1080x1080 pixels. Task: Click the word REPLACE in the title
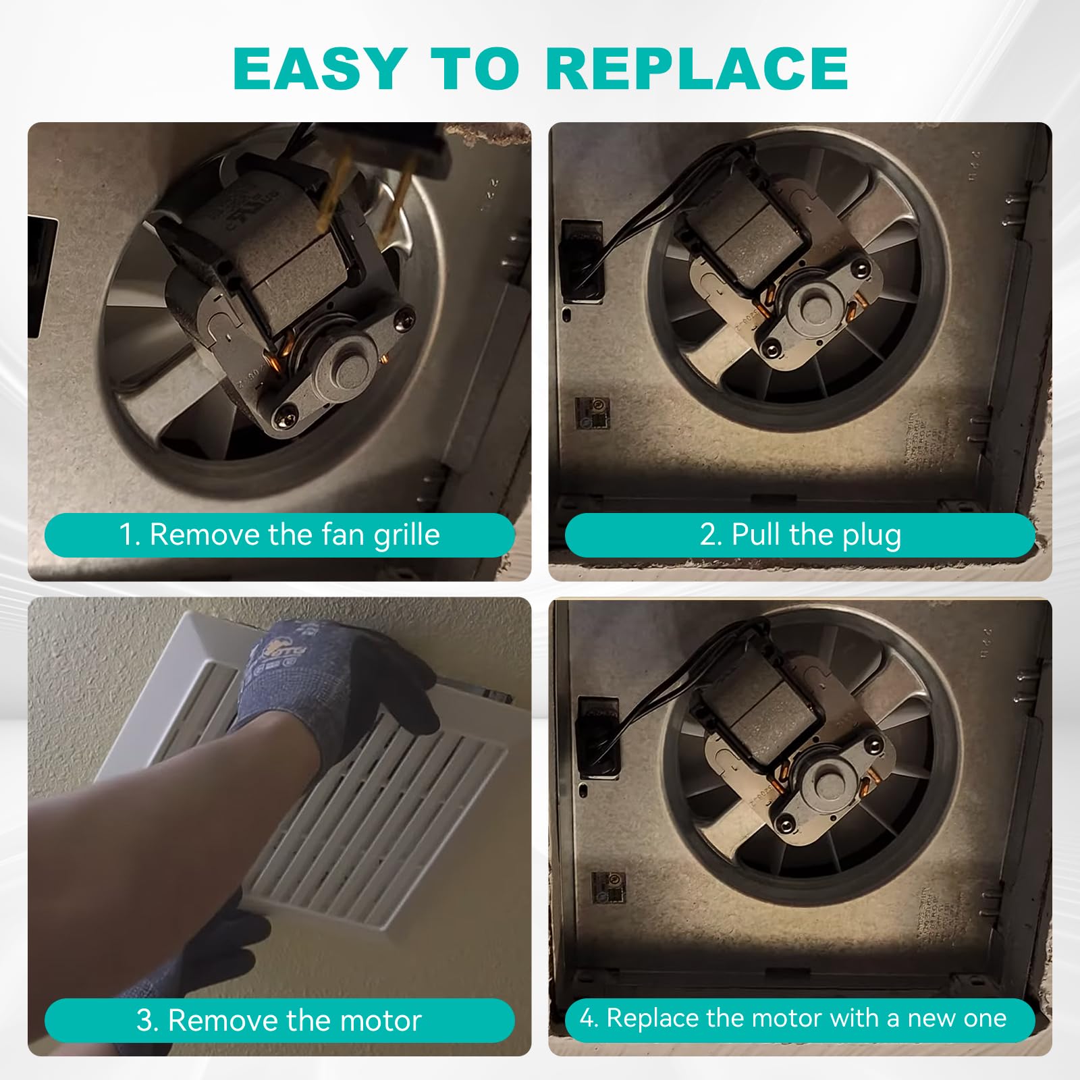pos(697,68)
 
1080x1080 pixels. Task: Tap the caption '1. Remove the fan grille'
pos(279,535)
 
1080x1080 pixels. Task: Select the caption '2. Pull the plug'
pos(800,535)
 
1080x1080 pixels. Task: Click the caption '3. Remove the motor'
pos(279,1020)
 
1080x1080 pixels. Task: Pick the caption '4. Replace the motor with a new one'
pos(793,1018)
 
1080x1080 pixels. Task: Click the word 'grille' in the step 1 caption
pos(406,535)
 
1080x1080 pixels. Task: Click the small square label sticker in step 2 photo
pos(592,412)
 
